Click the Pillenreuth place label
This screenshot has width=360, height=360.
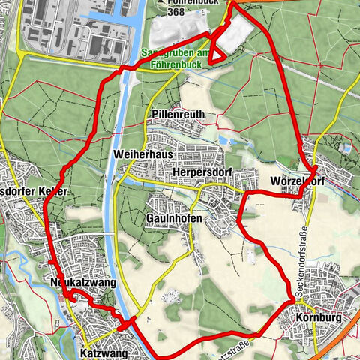(178, 115)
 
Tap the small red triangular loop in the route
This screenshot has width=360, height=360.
(217, 54)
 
